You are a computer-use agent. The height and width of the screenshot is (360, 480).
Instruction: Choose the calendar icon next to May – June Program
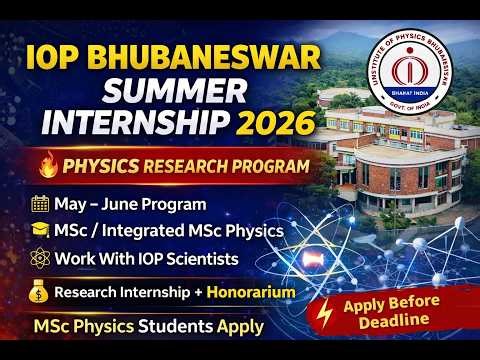pos(40,205)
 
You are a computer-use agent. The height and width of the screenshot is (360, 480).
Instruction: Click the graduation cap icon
pos(40,231)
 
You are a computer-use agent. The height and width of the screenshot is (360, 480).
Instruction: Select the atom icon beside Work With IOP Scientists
pos(40,258)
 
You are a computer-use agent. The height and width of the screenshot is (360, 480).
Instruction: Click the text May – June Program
pos(126,205)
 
